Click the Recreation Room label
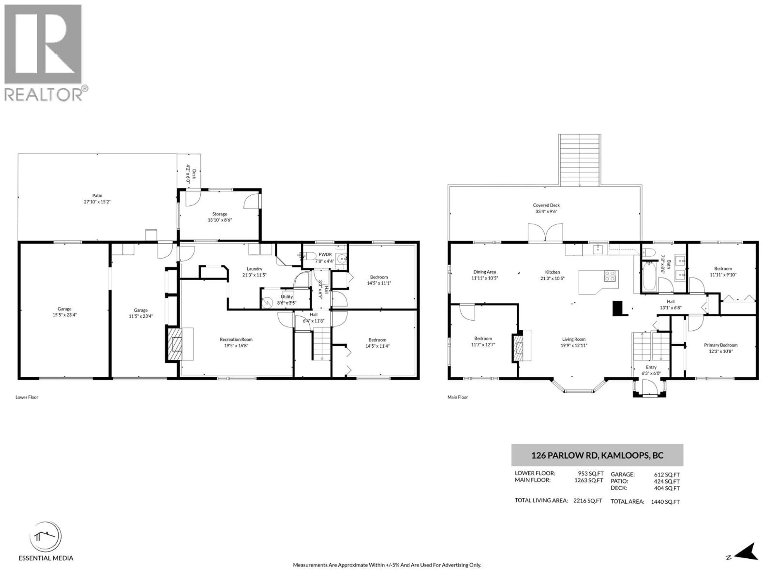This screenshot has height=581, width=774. click(x=236, y=339)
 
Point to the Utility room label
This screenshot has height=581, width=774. click(x=287, y=297)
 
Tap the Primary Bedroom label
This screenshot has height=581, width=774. click(x=720, y=345)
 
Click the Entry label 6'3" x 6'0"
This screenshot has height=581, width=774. click(x=651, y=370)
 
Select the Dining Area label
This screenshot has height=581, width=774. click(x=484, y=272)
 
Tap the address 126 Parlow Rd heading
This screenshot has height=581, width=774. click(x=597, y=455)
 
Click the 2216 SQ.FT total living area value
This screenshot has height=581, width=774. click(x=588, y=501)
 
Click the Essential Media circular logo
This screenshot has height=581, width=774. click(x=46, y=537)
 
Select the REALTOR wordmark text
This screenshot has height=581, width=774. click(x=44, y=94)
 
